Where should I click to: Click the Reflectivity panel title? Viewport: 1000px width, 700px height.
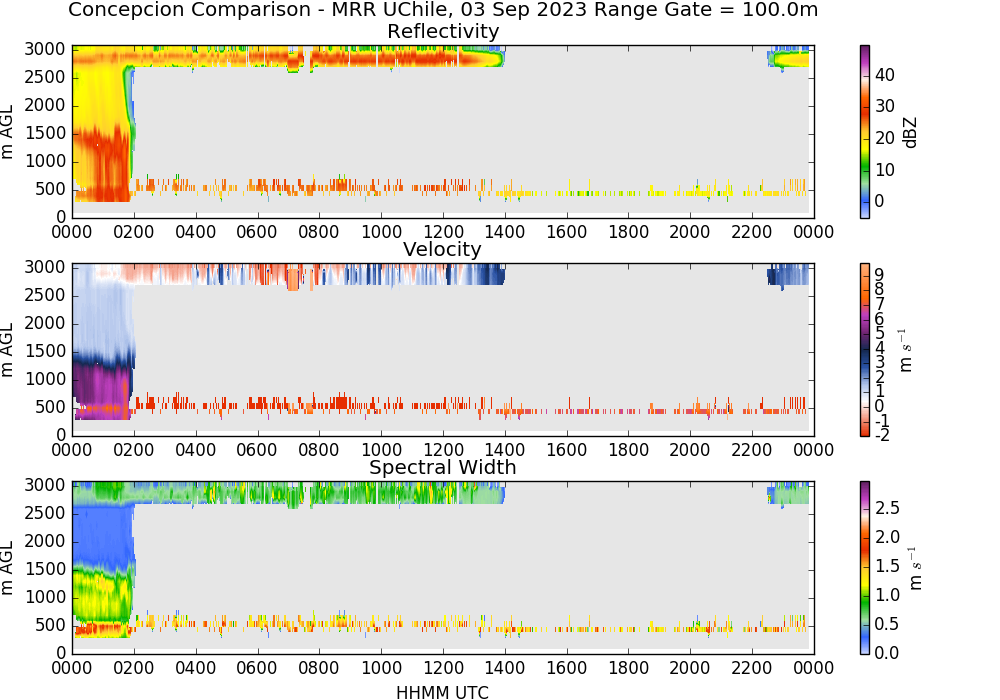click(443, 31)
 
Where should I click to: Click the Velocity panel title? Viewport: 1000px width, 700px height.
click(442, 249)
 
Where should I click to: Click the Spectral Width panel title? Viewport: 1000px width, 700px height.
click(443, 467)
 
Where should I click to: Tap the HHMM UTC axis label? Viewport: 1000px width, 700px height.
click(442, 692)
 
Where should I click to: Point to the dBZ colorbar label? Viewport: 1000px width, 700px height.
click(911, 133)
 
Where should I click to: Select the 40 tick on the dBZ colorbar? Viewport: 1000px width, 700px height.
click(885, 75)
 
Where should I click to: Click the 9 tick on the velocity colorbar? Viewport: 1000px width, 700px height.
click(879, 274)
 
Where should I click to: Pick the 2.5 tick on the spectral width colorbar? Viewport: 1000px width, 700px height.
click(887, 508)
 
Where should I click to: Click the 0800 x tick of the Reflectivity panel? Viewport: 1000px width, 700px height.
click(319, 232)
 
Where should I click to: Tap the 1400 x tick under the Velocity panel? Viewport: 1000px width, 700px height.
click(504, 450)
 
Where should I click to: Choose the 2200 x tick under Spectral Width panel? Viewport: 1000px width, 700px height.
click(751, 668)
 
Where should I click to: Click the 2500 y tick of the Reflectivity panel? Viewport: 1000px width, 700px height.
click(45, 77)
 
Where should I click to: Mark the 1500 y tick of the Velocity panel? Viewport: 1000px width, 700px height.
click(45, 351)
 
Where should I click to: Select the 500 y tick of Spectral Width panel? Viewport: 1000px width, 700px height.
click(50, 625)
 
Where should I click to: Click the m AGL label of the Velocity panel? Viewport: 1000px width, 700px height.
click(7, 350)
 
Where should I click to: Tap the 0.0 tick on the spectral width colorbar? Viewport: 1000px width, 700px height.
click(887, 653)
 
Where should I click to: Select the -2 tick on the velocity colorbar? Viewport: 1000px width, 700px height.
click(881, 435)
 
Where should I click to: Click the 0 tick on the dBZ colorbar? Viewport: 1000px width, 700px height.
click(879, 201)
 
